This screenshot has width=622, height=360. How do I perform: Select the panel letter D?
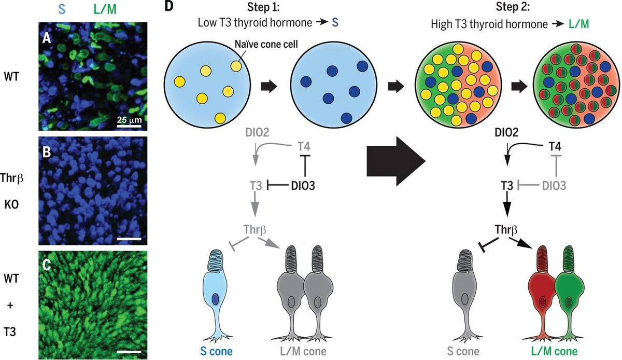coord(168,7)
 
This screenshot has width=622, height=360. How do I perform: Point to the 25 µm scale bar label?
coord(129,121)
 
